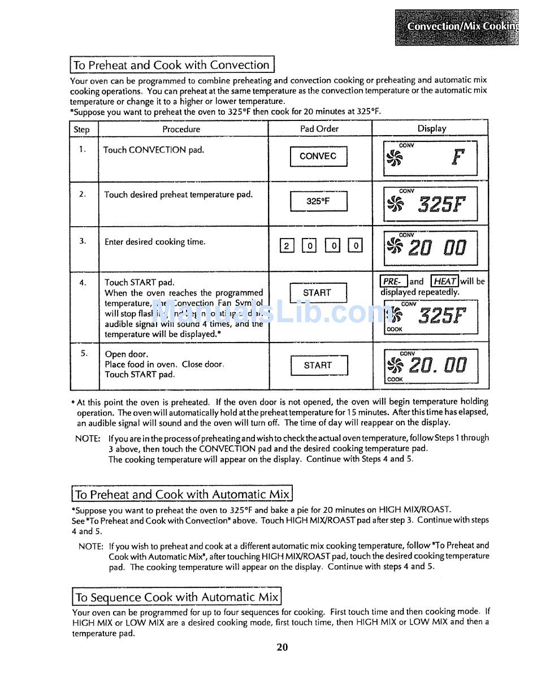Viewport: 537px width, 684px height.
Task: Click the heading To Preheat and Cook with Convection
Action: pos(172,65)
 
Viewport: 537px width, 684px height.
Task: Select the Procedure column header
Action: pos(181,129)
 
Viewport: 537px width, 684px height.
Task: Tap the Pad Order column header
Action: pos(319,129)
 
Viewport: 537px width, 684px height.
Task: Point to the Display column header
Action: pos(431,129)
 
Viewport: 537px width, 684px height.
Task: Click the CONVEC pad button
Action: pos(318,157)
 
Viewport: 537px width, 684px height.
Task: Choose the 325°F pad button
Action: pos(318,201)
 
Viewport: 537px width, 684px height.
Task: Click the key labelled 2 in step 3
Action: pos(287,245)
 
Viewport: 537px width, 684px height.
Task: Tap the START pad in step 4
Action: pos(317,293)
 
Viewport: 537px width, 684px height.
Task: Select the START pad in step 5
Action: pos(318,365)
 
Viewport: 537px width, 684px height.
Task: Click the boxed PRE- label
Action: pos(393,281)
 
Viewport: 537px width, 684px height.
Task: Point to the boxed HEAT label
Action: pos(445,281)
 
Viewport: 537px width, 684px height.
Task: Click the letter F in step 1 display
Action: pos(457,158)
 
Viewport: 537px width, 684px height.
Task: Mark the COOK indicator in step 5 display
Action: pos(395,379)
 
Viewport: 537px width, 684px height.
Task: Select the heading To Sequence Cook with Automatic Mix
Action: pos(177,597)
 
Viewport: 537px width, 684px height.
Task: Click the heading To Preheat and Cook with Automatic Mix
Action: pos(183,495)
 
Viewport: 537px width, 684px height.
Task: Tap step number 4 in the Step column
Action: pos(83,283)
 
